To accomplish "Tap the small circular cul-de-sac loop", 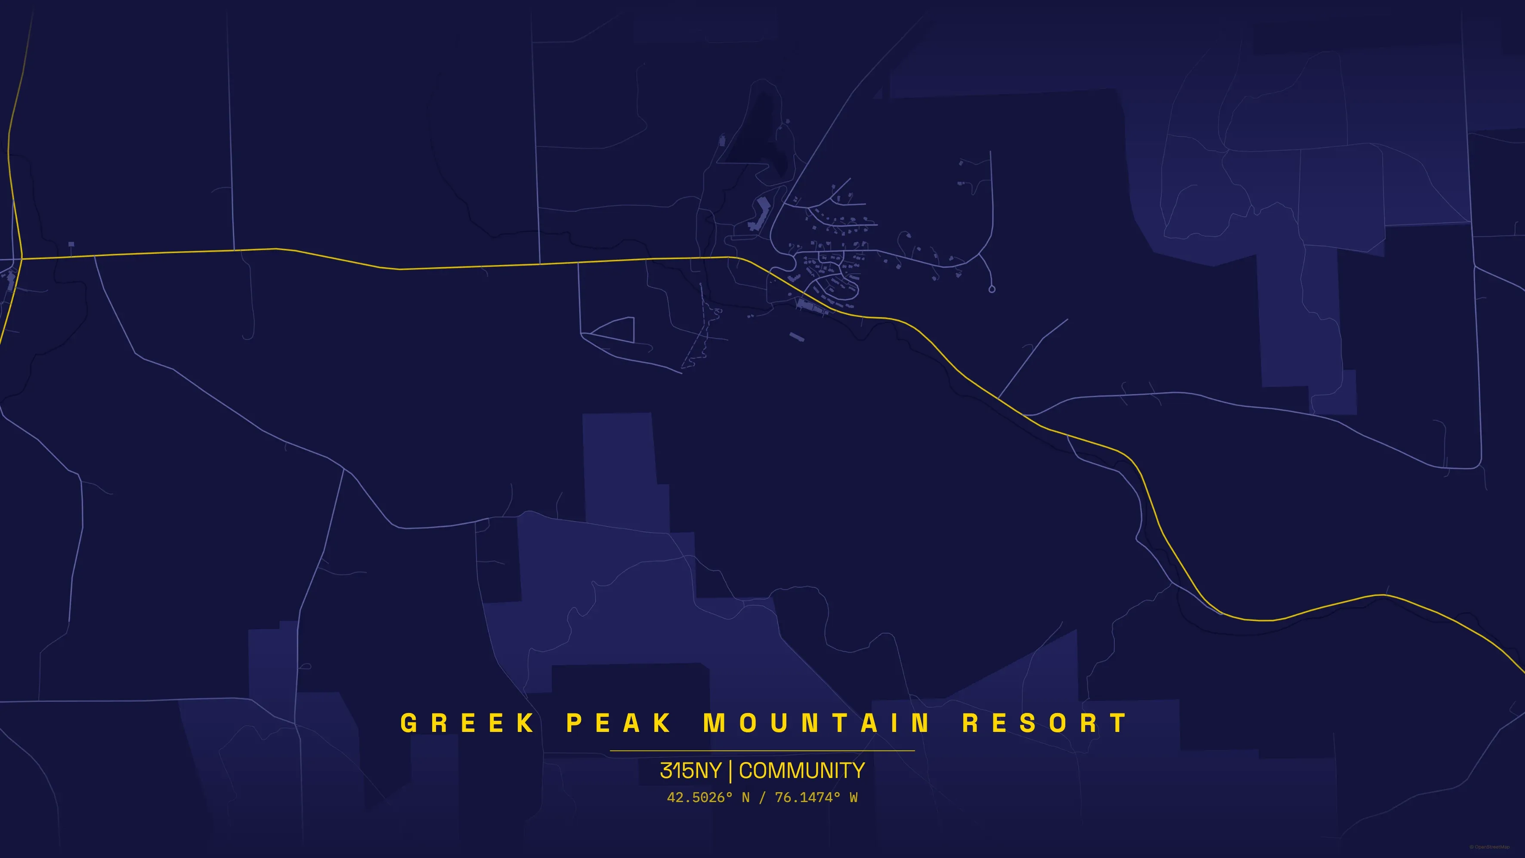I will (992, 289).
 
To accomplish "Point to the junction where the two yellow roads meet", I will (22, 258).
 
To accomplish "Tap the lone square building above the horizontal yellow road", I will (71, 244).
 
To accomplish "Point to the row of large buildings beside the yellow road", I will (812, 306).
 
